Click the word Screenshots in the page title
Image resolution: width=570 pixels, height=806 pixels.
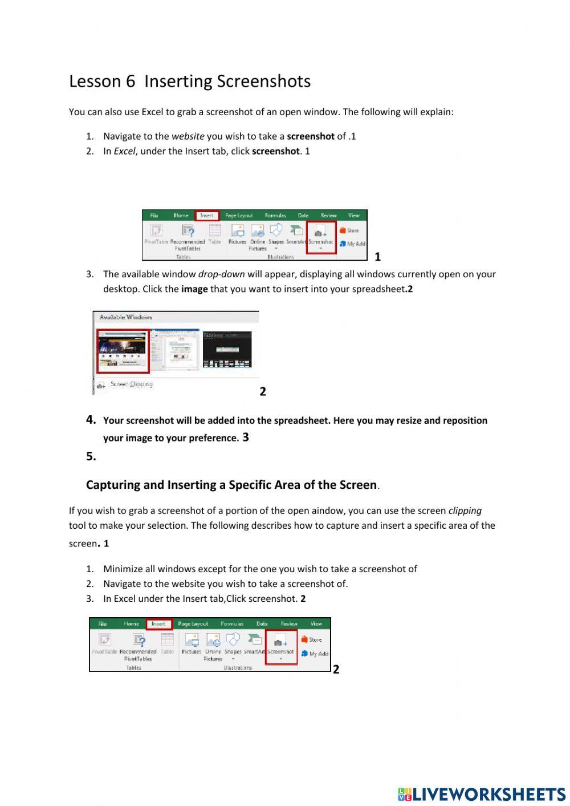(266, 82)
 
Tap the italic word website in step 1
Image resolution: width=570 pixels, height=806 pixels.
(188, 136)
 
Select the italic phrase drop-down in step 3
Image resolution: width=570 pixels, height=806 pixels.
(221, 274)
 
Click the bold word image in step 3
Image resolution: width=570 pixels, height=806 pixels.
(194, 289)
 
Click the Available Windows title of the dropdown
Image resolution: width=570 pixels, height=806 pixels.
(125, 317)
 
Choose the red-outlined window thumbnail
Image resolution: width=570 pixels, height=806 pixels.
(123, 351)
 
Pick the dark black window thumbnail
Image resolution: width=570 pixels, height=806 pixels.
(227, 350)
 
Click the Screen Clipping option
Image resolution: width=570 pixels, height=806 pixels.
(131, 384)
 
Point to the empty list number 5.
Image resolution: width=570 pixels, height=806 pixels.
(91, 456)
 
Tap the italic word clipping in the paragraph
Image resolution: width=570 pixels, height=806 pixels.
(465, 511)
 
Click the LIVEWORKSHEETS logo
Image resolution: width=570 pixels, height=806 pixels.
(482, 794)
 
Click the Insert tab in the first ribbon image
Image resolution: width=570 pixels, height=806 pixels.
(206, 216)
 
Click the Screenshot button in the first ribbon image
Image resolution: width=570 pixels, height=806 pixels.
(321, 237)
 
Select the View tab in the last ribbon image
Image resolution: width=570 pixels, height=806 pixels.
(316, 624)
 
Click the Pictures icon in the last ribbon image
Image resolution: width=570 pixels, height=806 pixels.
(192, 644)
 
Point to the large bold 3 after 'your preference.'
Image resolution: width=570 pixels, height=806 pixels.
(246, 438)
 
